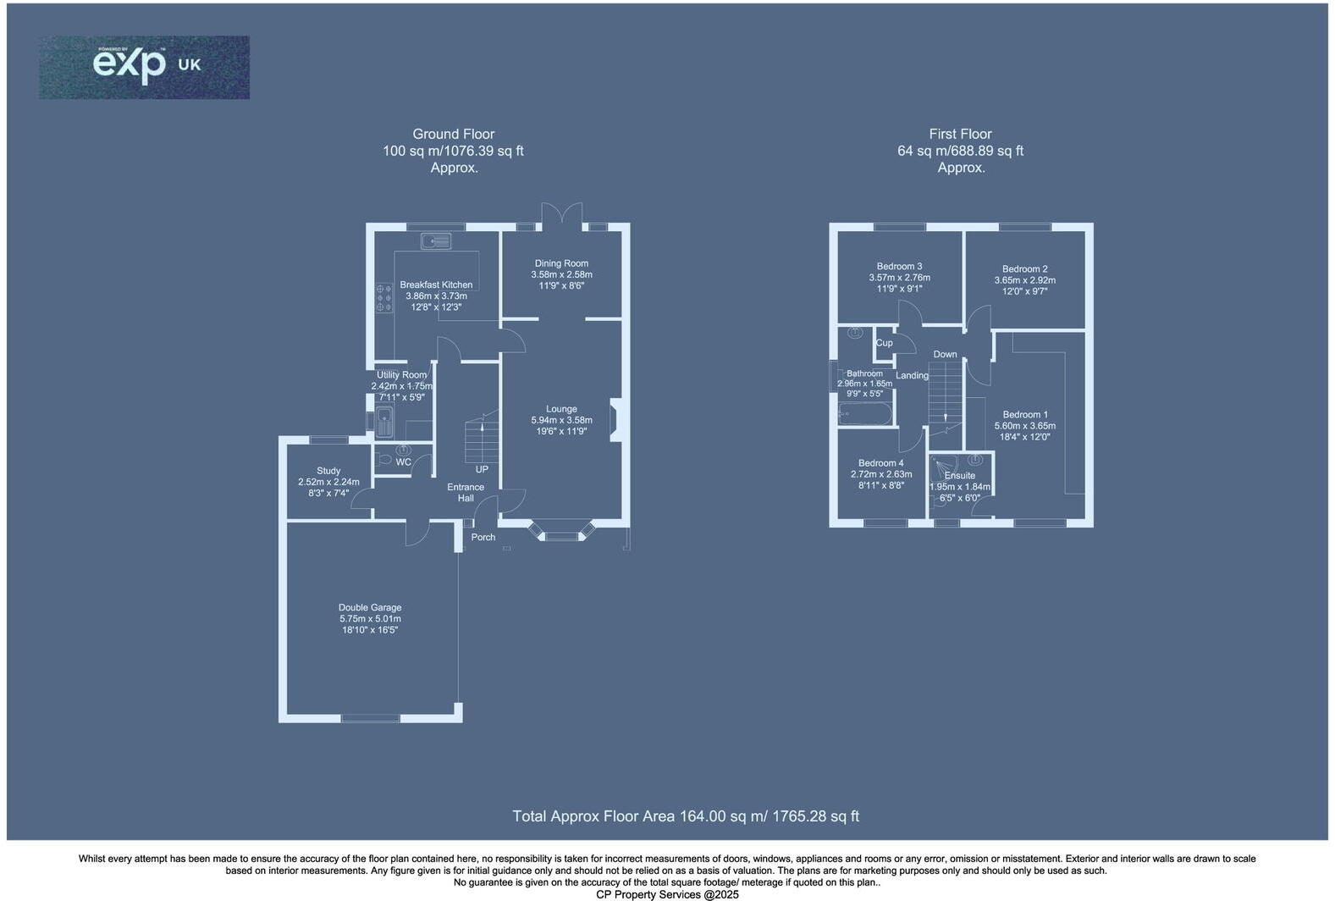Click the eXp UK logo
coord(144,67)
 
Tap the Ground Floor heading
coord(453,134)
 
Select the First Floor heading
coord(960,134)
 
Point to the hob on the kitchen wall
coord(383,298)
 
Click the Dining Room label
coord(561,263)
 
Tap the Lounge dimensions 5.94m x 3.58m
coord(561,420)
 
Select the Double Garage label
coord(370,607)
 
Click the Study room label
coord(328,471)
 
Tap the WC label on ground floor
coord(404,462)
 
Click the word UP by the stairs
coord(482,469)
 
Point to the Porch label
coord(483,537)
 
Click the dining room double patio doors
coord(562,213)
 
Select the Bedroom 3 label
coord(899,266)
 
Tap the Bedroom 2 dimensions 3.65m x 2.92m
coord(1024,280)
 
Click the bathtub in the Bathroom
coord(864,414)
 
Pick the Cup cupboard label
coord(884,343)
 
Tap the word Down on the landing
coord(945,354)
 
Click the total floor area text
coord(685,816)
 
